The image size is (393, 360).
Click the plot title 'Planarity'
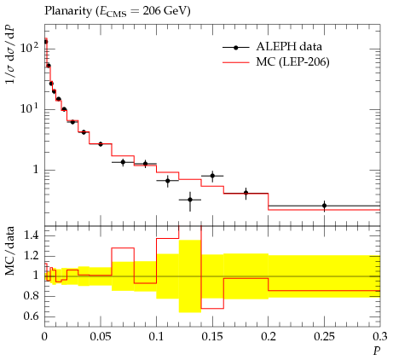(68, 11)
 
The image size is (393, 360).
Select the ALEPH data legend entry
(272, 47)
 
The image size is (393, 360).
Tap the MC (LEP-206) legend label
(292, 61)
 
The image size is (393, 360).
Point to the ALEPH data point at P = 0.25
(324, 206)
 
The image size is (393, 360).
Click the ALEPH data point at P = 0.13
(190, 200)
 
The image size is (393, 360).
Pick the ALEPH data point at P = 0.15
(212, 176)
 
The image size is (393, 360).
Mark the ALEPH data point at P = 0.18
(246, 193)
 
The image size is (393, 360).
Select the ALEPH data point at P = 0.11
(168, 181)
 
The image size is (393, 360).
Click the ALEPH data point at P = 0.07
(123, 162)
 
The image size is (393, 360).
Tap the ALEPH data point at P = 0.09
(146, 164)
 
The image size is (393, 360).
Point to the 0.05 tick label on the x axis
(101, 337)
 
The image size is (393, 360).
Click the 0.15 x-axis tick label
(212, 337)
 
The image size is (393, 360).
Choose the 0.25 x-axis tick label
(324, 337)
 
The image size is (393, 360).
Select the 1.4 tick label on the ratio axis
(31, 235)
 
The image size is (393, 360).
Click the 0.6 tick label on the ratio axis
(31, 316)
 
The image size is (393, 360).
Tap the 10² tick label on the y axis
(30, 47)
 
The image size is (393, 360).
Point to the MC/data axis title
(9, 251)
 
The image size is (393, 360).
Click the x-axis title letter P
(377, 351)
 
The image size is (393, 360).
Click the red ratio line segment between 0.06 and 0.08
(123, 248)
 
